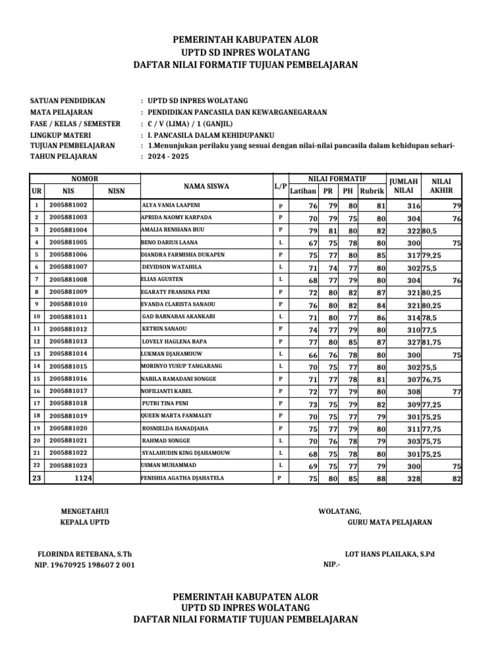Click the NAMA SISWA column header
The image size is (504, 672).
(206, 186)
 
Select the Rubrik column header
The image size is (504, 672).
(372, 191)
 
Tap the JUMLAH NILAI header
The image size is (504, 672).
(403, 186)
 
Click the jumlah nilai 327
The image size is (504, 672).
(413, 342)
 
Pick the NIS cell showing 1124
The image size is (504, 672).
(83, 478)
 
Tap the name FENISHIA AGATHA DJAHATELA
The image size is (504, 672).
(182, 478)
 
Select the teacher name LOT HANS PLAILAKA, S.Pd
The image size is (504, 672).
(389, 553)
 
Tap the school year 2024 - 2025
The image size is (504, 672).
(168, 157)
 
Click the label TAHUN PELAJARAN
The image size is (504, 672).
(64, 157)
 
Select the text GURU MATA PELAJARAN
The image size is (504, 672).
(390, 522)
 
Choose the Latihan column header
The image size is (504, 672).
(303, 191)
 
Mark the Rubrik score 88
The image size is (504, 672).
(381, 479)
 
